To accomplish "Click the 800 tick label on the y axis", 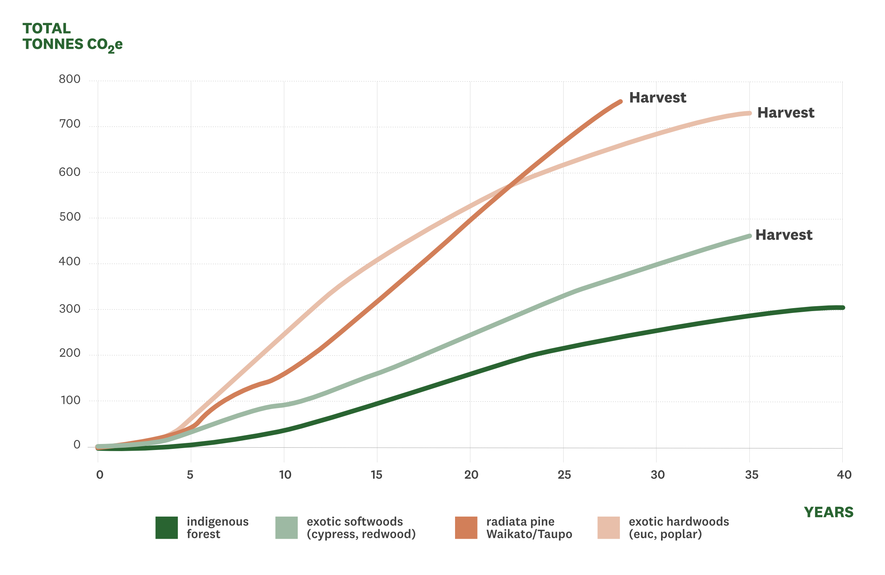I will coord(70,79).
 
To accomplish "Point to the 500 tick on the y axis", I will coord(70,217).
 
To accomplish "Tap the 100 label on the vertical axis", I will coord(70,400).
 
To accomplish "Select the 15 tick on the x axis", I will coord(376,475).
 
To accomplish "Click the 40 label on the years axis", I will coord(844,475).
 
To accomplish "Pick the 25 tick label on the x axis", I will coord(564,475).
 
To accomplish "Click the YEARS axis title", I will coord(828,512).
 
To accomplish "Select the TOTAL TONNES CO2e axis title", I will coord(72,37).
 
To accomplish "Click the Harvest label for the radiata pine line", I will coord(658,98).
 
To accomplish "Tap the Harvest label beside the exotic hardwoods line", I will coord(786,113).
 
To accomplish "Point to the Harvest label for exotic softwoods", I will coord(784,235).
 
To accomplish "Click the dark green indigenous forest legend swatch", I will coord(167,527).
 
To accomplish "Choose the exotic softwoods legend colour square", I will coord(287,527).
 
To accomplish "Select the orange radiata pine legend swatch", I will coord(466,527).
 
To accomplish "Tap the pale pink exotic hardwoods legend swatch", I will coord(609,527).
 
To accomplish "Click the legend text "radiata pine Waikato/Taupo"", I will coord(529,527).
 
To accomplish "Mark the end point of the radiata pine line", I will coord(621,101).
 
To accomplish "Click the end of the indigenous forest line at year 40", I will coord(842,308).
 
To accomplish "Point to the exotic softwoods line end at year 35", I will coord(749,236).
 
